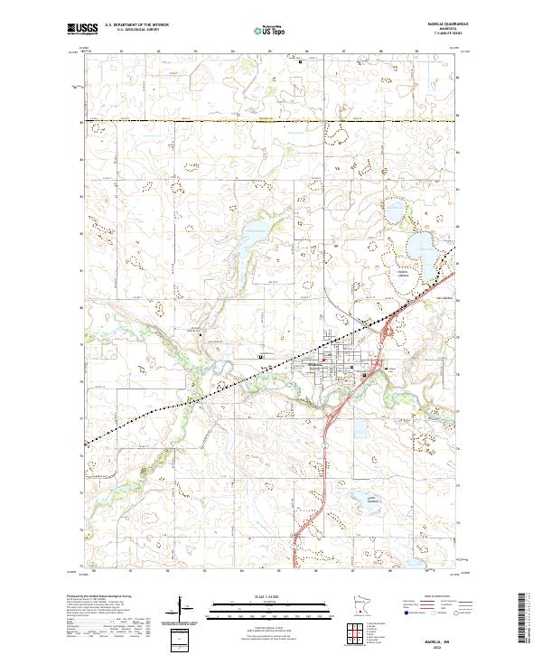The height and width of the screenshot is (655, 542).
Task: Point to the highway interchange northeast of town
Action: coord(386,336)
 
